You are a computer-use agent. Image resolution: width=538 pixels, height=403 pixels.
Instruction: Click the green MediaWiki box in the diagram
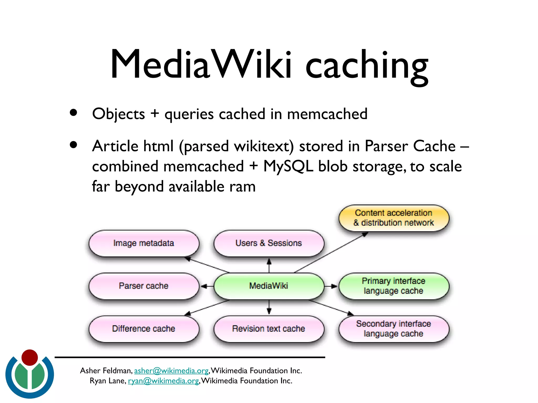tap(268, 286)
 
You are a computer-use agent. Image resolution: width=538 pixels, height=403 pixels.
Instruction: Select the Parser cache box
tap(144, 286)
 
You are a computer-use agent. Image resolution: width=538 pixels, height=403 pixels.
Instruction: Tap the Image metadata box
tap(144, 243)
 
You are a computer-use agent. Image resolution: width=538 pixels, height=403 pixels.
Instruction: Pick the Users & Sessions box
tap(268, 243)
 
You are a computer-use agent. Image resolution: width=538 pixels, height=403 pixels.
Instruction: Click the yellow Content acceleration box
tap(394, 218)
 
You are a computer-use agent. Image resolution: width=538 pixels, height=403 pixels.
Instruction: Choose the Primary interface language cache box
tap(394, 286)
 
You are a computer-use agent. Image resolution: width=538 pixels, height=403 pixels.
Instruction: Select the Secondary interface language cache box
tap(394, 329)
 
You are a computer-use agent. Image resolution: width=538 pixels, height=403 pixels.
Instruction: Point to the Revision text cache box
tap(268, 329)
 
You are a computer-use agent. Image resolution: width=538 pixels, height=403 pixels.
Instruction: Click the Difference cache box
tap(144, 329)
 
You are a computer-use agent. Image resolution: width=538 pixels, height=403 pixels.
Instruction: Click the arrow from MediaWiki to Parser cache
tap(207, 286)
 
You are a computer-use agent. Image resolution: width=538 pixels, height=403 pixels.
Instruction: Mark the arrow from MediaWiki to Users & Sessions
tap(269, 265)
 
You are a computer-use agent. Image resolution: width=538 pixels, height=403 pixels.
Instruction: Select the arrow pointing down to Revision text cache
tap(269, 307)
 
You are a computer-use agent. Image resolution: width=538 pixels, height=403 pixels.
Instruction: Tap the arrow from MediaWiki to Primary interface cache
tap(331, 286)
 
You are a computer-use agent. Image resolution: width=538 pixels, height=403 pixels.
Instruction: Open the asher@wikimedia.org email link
tap(171, 371)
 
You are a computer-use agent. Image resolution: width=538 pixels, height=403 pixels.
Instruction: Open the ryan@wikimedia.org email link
tap(163, 381)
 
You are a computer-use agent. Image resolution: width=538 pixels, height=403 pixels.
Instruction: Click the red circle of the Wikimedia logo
tap(30, 358)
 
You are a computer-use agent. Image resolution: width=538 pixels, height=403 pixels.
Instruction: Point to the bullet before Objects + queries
tap(74, 113)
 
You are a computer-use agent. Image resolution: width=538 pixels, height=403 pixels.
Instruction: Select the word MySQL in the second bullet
tap(288, 166)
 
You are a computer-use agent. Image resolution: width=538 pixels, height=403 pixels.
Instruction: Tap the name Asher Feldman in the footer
tap(106, 371)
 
